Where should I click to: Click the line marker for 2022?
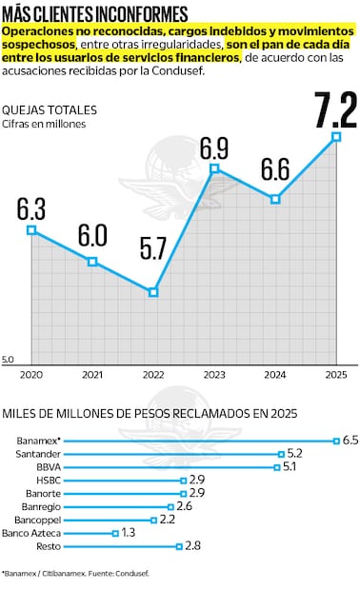click(x=153, y=292)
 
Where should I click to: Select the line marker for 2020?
click(x=31, y=229)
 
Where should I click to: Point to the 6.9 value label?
click(x=214, y=148)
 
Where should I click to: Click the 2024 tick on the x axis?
click(x=275, y=375)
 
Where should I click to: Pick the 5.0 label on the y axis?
click(x=8, y=359)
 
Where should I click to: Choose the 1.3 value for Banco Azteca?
click(x=129, y=533)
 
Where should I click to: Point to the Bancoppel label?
click(x=39, y=520)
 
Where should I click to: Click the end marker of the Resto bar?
click(x=178, y=546)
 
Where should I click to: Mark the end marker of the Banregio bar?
click(x=170, y=507)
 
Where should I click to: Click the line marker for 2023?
click(x=214, y=168)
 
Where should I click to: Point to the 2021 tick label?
click(x=92, y=375)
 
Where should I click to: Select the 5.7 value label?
click(x=153, y=250)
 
